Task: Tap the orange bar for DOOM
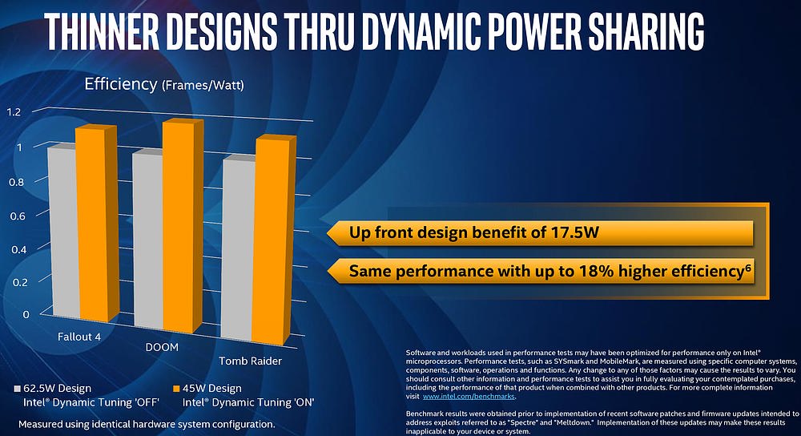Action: (x=177, y=232)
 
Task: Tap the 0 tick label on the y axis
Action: (x=25, y=313)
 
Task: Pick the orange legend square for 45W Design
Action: (x=176, y=389)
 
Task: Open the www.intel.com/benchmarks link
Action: (x=469, y=397)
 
